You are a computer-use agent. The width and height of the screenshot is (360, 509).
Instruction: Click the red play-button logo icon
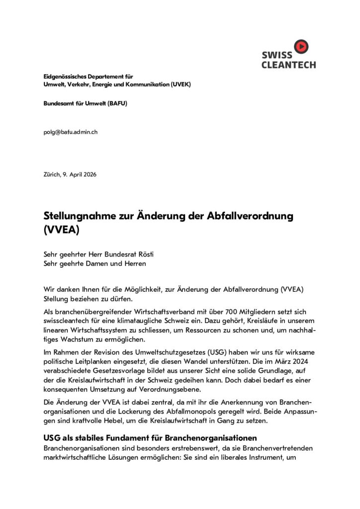click(x=301, y=47)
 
